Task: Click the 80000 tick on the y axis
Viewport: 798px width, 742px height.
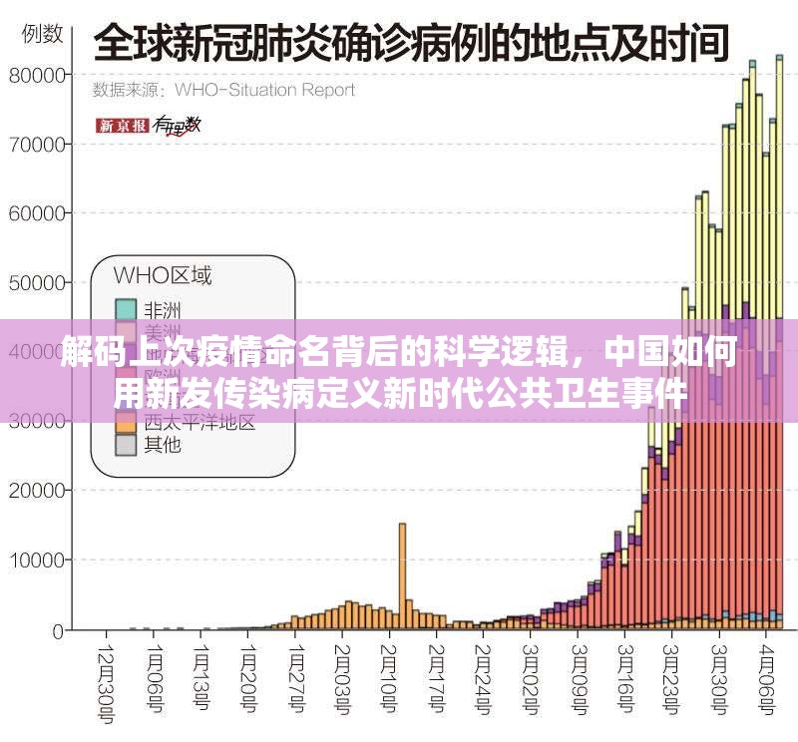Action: tap(37, 75)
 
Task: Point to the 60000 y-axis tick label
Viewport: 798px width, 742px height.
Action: tap(37, 213)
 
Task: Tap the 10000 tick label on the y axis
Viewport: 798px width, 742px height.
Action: tap(37, 560)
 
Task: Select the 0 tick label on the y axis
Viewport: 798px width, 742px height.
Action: tap(59, 630)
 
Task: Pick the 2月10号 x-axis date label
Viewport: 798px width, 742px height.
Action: tap(388, 678)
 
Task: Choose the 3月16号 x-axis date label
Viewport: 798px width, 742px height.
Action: tap(625, 678)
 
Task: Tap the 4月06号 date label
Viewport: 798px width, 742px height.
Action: tap(767, 678)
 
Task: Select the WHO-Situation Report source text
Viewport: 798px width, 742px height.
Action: tap(264, 90)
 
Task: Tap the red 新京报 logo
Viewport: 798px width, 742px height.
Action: tap(122, 126)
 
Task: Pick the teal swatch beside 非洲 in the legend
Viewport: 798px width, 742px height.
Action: tap(125, 309)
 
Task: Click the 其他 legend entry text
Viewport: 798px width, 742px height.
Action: tap(163, 445)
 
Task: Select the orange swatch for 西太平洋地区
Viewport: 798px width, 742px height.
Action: tap(125, 422)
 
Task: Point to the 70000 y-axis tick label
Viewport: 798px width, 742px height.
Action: tap(37, 144)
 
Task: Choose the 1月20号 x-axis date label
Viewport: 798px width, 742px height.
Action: tap(246, 678)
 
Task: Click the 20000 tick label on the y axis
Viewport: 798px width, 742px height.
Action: tap(37, 491)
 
